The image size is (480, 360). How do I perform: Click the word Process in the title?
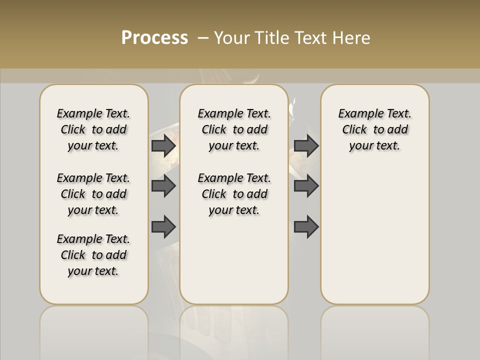pos(154,38)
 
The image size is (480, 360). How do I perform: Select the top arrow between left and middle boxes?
pos(163,145)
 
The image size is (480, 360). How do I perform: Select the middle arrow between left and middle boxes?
pos(163,186)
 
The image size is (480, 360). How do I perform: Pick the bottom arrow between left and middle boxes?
pos(163,227)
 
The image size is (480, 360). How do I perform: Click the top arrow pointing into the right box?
pos(306,145)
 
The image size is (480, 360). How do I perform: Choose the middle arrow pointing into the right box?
pos(306,186)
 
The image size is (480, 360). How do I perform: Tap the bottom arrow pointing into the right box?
pos(306,227)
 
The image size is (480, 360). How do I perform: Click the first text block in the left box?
pos(93,129)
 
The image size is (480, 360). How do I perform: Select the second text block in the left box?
pos(93,194)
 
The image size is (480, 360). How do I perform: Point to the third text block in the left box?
pos(93,255)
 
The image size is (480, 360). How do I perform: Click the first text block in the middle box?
pos(234,129)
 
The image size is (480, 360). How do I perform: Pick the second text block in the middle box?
pos(234,194)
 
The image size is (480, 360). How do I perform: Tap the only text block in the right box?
pos(374,129)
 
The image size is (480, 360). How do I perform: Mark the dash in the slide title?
pos(203,38)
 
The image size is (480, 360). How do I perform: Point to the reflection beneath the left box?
pos(94,330)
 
